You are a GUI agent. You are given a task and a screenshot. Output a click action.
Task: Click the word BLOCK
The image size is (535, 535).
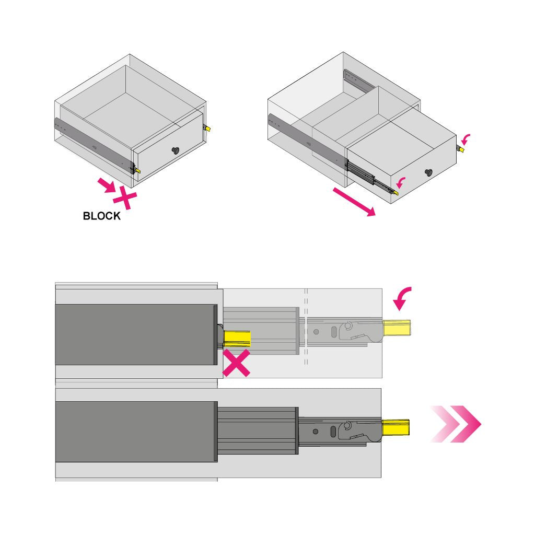tap(102, 216)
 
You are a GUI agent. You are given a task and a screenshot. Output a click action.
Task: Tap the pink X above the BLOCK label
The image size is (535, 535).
tap(125, 197)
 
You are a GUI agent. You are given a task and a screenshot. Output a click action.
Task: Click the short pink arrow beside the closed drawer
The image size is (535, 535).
tap(106, 185)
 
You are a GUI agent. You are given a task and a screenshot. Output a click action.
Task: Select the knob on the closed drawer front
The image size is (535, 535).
tap(176, 150)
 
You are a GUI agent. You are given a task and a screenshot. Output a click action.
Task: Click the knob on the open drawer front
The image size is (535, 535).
tap(428, 172)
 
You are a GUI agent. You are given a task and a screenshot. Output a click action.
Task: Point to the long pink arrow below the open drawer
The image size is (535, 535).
tap(354, 202)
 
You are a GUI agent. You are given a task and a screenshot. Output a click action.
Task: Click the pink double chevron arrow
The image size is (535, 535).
tap(456, 424)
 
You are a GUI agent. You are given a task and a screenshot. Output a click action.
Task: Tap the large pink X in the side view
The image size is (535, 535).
tap(236, 363)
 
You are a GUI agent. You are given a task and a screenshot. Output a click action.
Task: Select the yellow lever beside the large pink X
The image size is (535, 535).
tap(237, 339)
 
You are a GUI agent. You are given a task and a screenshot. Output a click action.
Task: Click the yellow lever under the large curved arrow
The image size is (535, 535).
tap(397, 328)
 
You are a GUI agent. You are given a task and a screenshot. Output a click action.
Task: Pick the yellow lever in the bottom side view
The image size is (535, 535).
tap(396, 427)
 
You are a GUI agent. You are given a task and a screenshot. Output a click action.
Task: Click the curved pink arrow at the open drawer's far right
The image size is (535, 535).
tap(466, 139)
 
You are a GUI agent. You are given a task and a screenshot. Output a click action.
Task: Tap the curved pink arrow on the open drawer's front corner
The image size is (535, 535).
tap(401, 182)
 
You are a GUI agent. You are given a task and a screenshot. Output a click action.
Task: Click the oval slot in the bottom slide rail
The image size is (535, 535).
tap(333, 431)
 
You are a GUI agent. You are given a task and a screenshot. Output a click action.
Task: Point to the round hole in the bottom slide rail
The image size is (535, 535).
tap(316, 432)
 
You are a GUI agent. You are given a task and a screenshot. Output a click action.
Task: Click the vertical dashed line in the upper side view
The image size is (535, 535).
tap(306, 327)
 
